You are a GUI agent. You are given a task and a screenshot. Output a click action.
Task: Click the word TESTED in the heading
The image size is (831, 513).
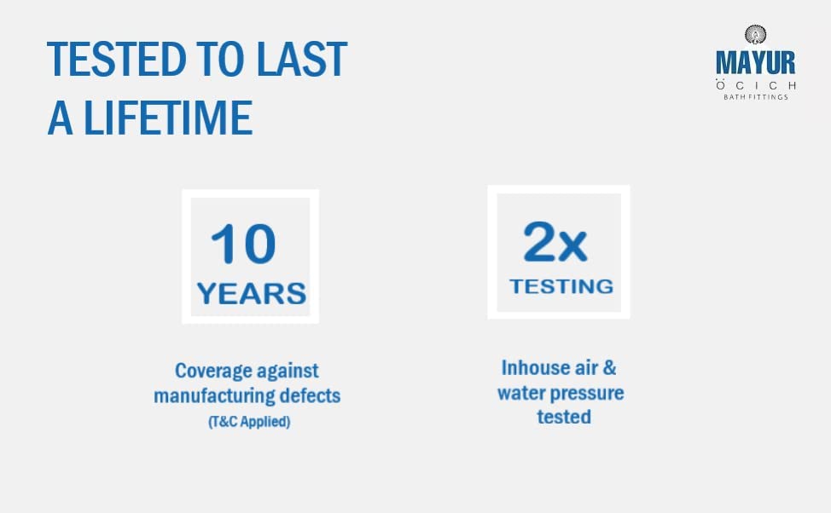(x=117, y=59)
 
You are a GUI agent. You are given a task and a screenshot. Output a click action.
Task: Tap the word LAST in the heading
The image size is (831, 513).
(x=301, y=59)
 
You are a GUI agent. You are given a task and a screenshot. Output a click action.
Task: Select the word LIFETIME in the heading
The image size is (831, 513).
(x=168, y=118)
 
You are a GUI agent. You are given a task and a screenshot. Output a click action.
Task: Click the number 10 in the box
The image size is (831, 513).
(x=243, y=243)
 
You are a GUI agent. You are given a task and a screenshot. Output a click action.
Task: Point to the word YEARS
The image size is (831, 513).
(x=251, y=293)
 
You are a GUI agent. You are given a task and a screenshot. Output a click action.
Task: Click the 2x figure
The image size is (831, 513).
(x=555, y=241)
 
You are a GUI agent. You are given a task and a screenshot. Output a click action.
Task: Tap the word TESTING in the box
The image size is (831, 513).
(x=561, y=286)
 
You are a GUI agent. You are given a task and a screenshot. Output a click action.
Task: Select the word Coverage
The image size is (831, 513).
(x=206, y=372)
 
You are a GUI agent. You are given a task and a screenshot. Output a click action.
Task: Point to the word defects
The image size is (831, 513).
(x=310, y=395)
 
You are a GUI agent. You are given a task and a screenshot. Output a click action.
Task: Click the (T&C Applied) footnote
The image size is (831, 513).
(x=249, y=422)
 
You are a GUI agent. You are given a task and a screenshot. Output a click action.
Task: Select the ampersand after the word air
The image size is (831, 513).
(x=610, y=368)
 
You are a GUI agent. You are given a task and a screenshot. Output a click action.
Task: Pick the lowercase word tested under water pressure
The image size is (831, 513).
(x=564, y=417)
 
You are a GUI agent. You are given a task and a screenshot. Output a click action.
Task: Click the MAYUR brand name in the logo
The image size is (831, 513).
(x=755, y=62)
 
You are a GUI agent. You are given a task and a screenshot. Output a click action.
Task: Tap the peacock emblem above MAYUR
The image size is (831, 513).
(x=755, y=35)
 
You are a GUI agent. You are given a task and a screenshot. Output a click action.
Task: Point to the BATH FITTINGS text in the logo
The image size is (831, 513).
(x=756, y=97)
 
